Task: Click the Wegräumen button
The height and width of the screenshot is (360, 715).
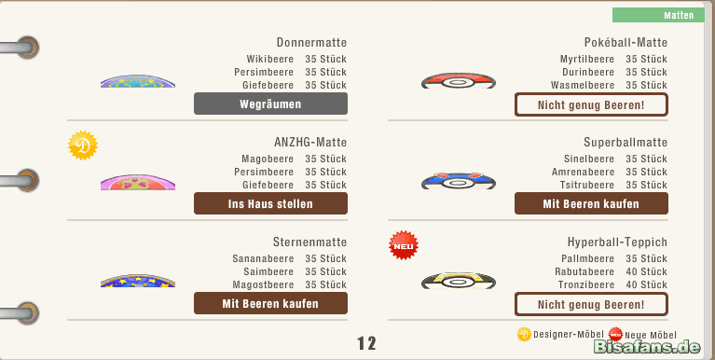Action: (x=270, y=104)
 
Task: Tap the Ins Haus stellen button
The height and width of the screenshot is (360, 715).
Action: (x=270, y=203)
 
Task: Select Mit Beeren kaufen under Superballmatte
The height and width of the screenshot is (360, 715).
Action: (x=591, y=203)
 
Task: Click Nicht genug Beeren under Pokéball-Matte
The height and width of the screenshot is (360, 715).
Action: (x=591, y=105)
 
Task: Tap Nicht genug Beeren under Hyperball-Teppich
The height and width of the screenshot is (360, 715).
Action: (x=591, y=304)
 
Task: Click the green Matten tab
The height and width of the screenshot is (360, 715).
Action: (x=658, y=15)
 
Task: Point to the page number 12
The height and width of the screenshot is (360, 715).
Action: (x=366, y=343)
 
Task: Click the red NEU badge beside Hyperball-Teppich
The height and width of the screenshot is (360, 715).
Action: (x=404, y=245)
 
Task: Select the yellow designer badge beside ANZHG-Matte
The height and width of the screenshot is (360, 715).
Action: (x=83, y=145)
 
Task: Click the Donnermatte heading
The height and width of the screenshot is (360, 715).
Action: (x=311, y=42)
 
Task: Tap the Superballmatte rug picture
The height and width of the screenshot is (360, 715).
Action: (x=459, y=181)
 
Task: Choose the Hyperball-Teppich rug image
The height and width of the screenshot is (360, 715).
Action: (x=459, y=280)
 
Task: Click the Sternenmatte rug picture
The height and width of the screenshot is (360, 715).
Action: (x=138, y=281)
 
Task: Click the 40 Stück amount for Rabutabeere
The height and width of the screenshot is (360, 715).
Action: (x=646, y=271)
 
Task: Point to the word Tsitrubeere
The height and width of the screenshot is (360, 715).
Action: (x=587, y=185)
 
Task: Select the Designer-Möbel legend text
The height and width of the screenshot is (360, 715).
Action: (x=568, y=335)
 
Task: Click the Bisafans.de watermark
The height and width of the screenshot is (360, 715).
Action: (x=647, y=347)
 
